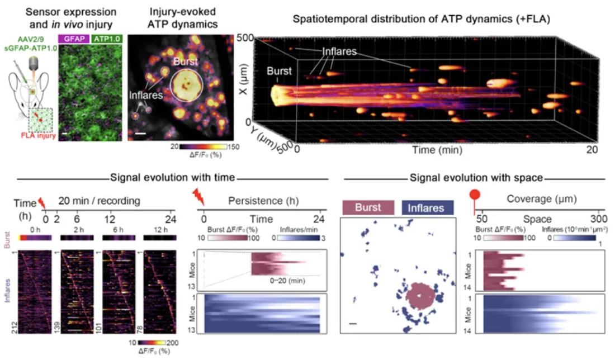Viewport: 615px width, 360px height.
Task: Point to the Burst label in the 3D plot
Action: (x=277, y=72)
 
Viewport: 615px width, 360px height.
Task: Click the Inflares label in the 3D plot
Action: (x=339, y=51)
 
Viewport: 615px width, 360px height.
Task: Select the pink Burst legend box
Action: (x=370, y=208)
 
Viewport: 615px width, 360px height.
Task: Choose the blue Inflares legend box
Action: (x=427, y=208)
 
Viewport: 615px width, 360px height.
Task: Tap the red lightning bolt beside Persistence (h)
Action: (x=198, y=197)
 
